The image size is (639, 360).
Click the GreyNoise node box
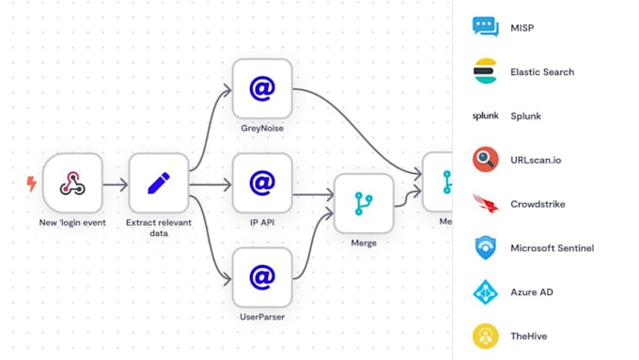point(262,88)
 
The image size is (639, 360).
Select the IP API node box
point(262,183)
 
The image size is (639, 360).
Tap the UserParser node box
point(262,277)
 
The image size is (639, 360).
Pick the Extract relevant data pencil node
point(158,183)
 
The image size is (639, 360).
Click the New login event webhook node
point(72,183)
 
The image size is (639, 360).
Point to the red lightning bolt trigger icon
point(32,183)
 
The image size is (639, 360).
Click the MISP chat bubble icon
point(486,26)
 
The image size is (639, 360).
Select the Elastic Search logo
point(486,71)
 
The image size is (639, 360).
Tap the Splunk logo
point(486,117)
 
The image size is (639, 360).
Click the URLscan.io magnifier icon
point(486,160)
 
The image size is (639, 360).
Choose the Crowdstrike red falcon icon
point(486,204)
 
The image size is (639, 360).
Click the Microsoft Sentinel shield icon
point(486,248)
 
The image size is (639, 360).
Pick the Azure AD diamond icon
point(486,292)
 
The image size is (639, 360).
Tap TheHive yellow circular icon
point(486,336)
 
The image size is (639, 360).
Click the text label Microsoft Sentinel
point(552,248)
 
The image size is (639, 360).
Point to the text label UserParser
point(262,318)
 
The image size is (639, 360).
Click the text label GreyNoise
point(262,129)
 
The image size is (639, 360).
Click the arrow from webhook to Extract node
point(115,184)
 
